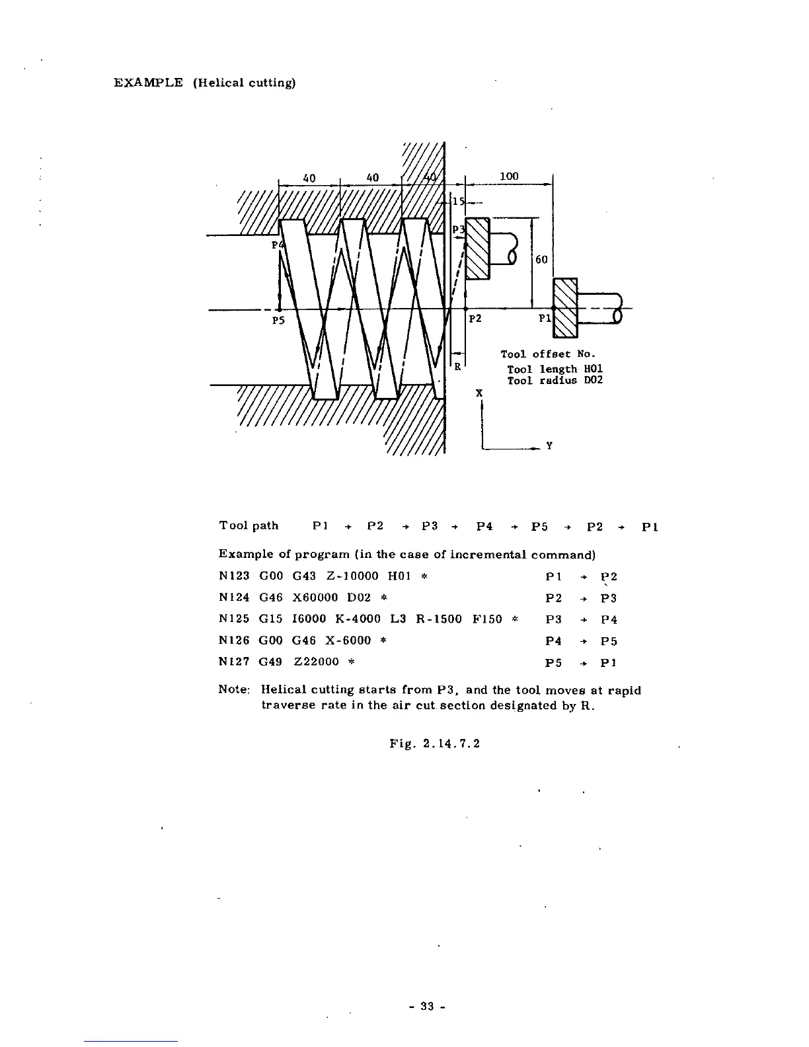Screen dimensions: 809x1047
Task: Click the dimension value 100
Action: (x=509, y=176)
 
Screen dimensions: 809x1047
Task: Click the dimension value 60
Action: (x=541, y=260)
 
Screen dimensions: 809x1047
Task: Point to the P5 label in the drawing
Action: (x=278, y=321)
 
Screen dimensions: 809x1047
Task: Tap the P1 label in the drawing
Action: (x=544, y=319)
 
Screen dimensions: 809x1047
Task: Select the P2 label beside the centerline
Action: (x=475, y=319)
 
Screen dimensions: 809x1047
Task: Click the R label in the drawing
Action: (x=457, y=367)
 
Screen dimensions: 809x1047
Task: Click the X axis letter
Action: (x=479, y=393)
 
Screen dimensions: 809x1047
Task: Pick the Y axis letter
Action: (x=548, y=446)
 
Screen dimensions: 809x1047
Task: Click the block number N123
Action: (x=233, y=576)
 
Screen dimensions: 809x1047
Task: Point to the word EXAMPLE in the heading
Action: (x=148, y=83)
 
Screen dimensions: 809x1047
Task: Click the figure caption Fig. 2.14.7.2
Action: (x=434, y=744)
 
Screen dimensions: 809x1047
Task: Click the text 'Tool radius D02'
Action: (x=555, y=381)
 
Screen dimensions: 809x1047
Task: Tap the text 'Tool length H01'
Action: (x=555, y=369)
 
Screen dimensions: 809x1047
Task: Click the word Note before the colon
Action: (x=232, y=691)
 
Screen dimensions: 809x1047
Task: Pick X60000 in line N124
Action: (x=314, y=598)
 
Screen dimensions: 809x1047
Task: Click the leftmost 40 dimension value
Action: (x=309, y=178)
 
